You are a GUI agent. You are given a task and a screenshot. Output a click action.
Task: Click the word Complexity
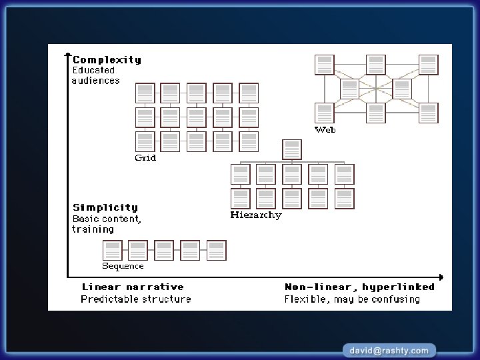click(x=107, y=60)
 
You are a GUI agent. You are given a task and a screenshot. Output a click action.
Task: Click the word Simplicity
click(x=105, y=207)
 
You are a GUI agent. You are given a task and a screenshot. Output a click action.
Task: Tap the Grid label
click(x=145, y=158)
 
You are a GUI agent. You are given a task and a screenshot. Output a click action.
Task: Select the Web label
click(x=325, y=129)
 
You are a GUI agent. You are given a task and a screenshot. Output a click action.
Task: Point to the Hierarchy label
click(x=255, y=215)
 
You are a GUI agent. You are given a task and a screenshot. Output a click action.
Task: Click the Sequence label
click(x=123, y=266)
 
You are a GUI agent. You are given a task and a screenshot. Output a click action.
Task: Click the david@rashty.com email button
click(x=389, y=349)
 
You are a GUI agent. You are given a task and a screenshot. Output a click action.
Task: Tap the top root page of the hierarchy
click(x=292, y=149)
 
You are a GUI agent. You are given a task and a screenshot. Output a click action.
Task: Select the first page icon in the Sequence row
click(x=112, y=251)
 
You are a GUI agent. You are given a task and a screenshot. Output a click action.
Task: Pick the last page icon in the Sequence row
click(x=217, y=251)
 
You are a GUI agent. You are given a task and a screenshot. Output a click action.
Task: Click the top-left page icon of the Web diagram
click(x=325, y=65)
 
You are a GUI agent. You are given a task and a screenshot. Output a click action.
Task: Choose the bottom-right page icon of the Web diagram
click(x=429, y=113)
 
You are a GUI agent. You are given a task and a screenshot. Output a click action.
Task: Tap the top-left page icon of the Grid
click(x=145, y=93)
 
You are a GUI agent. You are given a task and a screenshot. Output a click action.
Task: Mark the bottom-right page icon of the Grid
click(x=249, y=141)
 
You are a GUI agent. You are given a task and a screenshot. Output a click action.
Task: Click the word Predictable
click(x=106, y=299)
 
